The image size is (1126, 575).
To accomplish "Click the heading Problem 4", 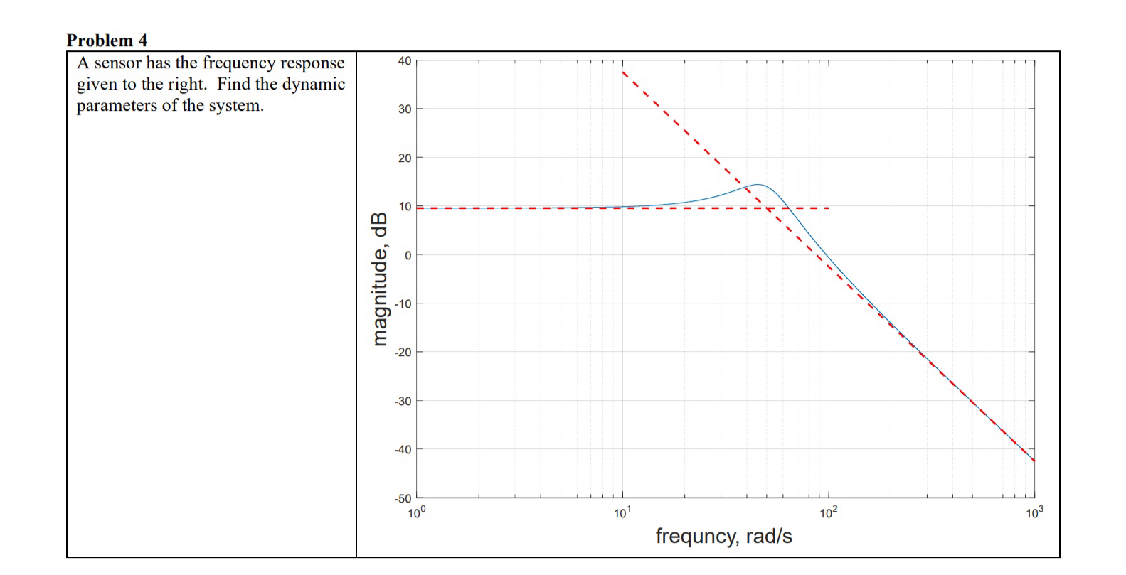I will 107,41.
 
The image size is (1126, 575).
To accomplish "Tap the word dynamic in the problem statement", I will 314,85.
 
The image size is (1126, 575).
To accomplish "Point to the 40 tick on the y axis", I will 404,61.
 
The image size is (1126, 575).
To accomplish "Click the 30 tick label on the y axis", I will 404,109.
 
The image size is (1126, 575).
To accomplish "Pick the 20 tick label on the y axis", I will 404,158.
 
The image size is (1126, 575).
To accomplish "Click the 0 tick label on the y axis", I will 408,255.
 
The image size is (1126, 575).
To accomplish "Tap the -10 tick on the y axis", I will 403,304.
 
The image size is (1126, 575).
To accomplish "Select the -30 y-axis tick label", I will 403,401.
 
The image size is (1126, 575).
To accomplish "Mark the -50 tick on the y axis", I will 403,498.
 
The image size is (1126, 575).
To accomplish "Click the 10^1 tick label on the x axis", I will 622,513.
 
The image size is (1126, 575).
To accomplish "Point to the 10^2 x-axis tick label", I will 829,513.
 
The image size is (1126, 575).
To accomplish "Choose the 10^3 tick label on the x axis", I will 1035,513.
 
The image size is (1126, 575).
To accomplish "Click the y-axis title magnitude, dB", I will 381,279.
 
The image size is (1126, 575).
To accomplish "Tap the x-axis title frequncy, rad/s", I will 723,536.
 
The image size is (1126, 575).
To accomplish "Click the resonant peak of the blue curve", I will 758,185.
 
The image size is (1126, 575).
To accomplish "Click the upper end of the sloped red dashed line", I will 623,72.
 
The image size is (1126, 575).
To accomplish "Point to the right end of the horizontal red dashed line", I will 829,208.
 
